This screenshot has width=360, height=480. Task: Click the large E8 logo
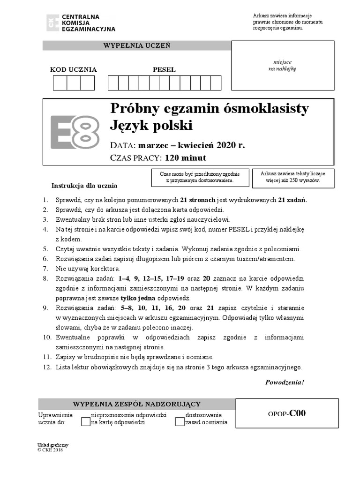75,132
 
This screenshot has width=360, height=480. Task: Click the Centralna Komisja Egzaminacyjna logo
80,22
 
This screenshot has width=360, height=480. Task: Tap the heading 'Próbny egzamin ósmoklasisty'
209,108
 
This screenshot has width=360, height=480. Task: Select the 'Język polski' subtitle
151,126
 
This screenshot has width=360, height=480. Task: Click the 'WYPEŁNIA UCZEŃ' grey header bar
136,45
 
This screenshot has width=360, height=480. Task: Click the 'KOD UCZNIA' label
74,70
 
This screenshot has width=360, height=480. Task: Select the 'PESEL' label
164,70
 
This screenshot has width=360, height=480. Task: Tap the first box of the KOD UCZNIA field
60,83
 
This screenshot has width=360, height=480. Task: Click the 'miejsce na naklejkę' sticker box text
282,65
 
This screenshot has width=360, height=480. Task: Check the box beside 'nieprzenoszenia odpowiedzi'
85,421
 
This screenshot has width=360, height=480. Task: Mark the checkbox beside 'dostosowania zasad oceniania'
180,421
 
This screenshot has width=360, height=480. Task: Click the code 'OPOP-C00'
286,413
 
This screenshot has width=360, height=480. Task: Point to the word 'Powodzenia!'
285,382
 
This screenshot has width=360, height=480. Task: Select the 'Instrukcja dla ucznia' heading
84,186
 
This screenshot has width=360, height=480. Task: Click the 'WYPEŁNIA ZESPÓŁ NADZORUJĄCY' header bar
136,404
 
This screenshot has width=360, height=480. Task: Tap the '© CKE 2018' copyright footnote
50,450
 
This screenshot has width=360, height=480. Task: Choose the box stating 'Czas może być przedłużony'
200,177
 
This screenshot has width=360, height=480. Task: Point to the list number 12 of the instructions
47,367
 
